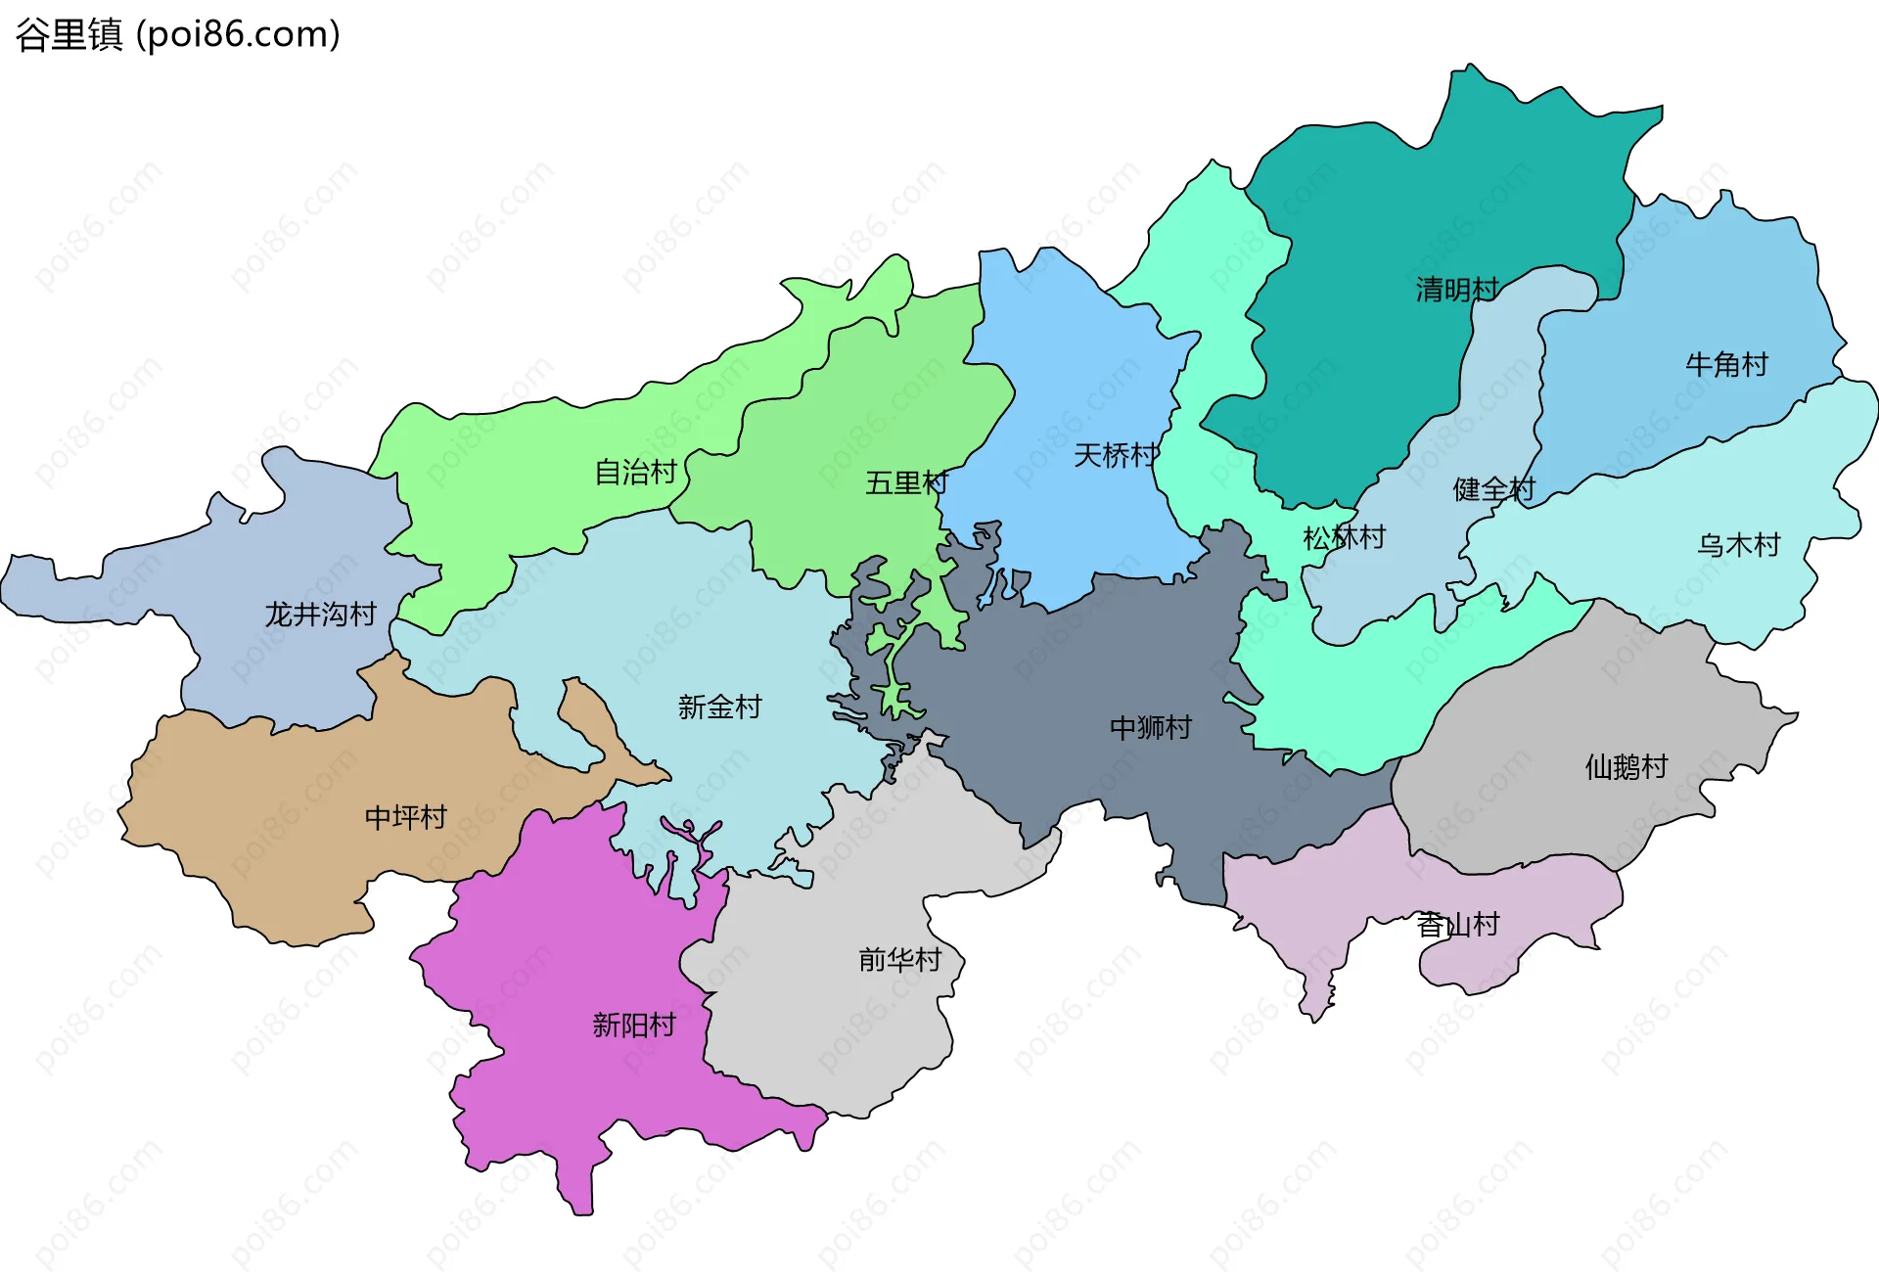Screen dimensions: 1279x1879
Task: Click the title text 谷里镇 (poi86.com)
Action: pyautogui.click(x=177, y=34)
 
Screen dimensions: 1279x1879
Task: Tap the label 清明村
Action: pyautogui.click(x=1456, y=290)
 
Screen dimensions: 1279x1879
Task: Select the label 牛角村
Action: pyautogui.click(x=1726, y=365)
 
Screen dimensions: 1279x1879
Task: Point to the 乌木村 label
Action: pyautogui.click(x=1738, y=545)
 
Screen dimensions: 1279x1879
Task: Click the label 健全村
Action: pyautogui.click(x=1493, y=489)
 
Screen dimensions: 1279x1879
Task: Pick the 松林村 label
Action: pyautogui.click(x=1344, y=537)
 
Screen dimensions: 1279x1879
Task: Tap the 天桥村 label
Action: pyautogui.click(x=1116, y=455)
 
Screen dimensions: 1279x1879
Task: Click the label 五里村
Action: pyautogui.click(x=906, y=482)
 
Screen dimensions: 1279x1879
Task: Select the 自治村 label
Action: pyautogui.click(x=636, y=473)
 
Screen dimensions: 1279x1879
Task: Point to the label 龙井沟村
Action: pyautogui.click(x=321, y=615)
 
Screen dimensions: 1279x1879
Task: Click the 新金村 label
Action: pyautogui.click(x=719, y=707)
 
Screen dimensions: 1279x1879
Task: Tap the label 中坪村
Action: pyautogui.click(x=405, y=817)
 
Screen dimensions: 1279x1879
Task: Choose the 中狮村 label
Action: pyautogui.click(x=1150, y=727)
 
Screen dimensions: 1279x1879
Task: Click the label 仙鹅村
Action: pyautogui.click(x=1626, y=766)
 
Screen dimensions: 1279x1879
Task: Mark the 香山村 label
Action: pyautogui.click(x=1457, y=924)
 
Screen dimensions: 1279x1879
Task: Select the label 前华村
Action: pyautogui.click(x=899, y=959)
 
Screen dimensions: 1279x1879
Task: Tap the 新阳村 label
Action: pyautogui.click(x=634, y=1025)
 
